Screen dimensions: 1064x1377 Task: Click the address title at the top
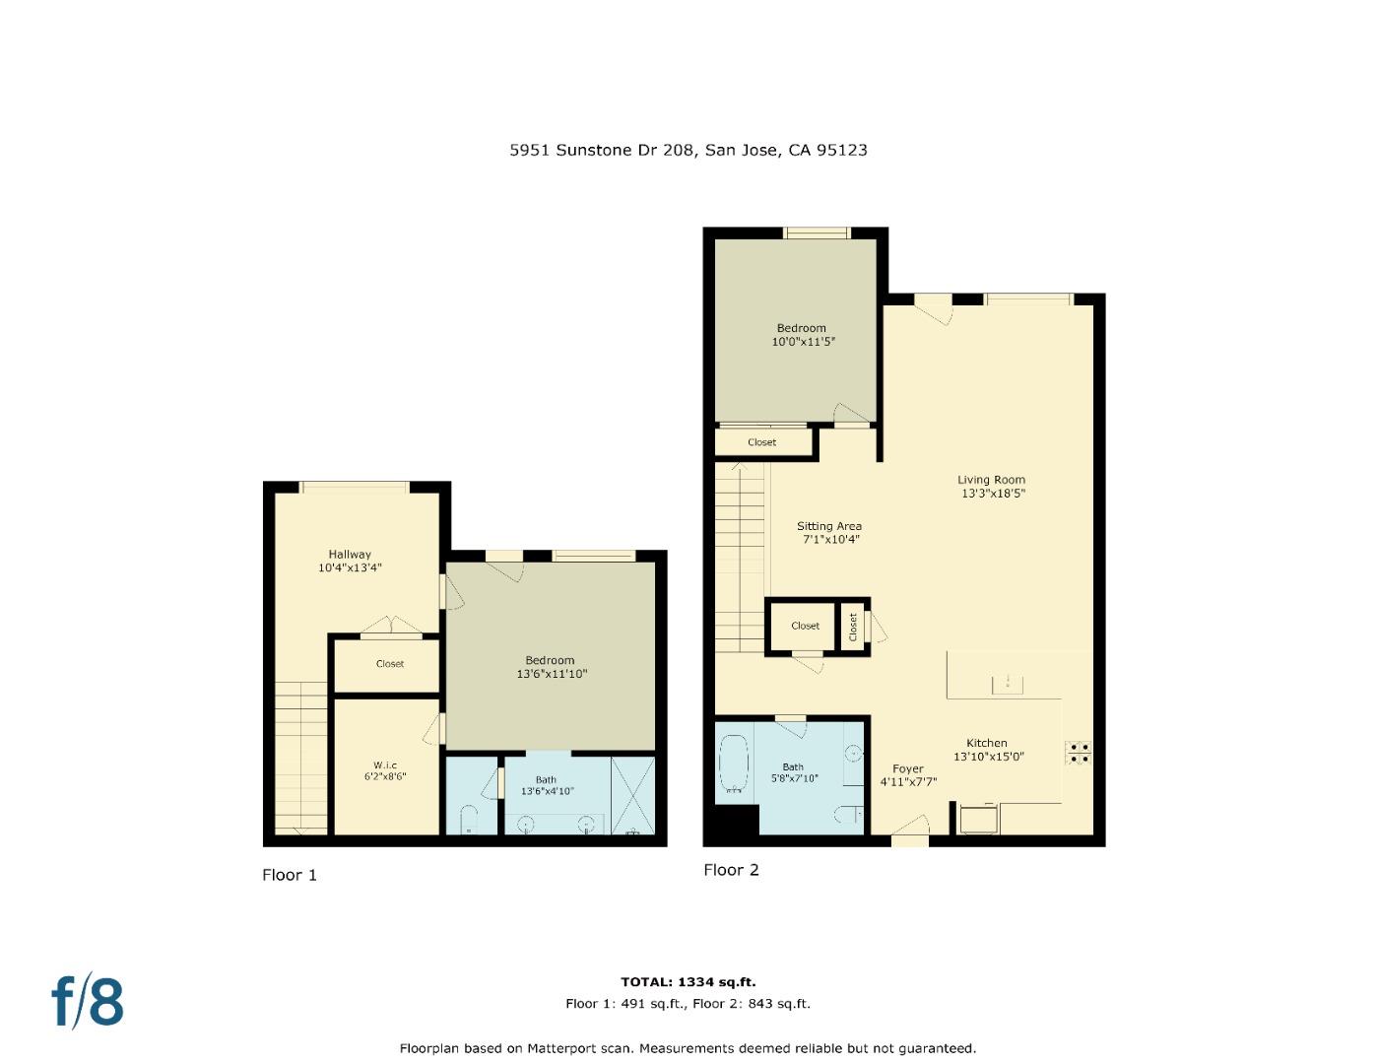pyautogui.click(x=688, y=150)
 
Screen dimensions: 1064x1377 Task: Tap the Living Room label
pyautogui.click(x=991, y=480)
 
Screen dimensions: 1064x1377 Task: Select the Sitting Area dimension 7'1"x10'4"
pyautogui.click(x=828, y=540)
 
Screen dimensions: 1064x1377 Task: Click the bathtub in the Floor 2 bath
pyautogui.click(x=733, y=765)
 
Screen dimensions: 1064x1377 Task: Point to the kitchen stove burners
pyautogui.click(x=1078, y=753)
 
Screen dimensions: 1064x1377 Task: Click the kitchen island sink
pyautogui.click(x=1008, y=680)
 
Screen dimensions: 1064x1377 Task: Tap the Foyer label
pyautogui.click(x=907, y=768)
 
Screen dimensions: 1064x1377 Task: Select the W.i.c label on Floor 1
pyautogui.click(x=384, y=765)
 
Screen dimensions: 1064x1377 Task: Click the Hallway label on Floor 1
pyautogui.click(x=350, y=554)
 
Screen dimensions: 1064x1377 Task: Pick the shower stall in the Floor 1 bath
pyautogui.click(x=632, y=795)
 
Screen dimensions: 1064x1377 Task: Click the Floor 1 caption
pyautogui.click(x=290, y=875)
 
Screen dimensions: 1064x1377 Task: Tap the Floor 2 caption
pyautogui.click(x=731, y=870)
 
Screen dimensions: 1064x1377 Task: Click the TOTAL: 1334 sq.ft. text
pyautogui.click(x=688, y=982)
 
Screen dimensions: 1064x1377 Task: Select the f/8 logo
pyautogui.click(x=88, y=1001)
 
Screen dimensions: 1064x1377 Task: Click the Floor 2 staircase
pyautogui.click(x=739, y=558)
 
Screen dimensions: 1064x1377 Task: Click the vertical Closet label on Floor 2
pyautogui.click(x=853, y=626)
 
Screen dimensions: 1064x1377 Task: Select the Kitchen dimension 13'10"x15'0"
pyautogui.click(x=988, y=757)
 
